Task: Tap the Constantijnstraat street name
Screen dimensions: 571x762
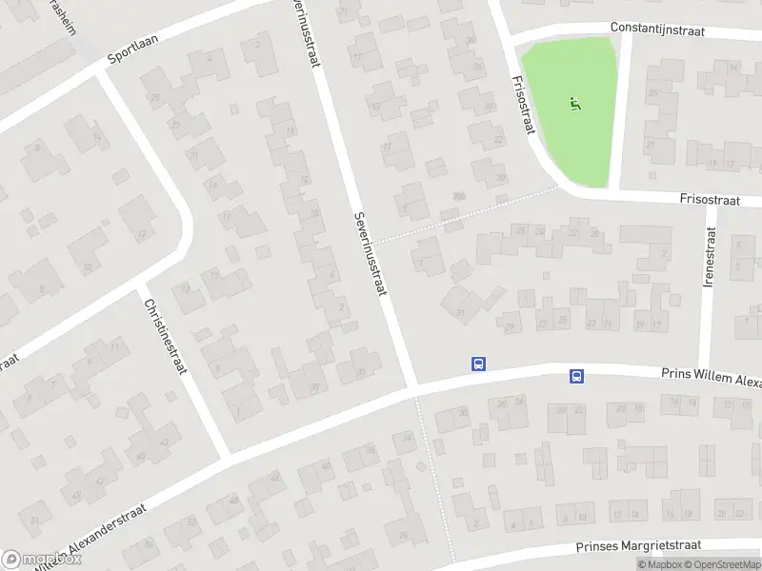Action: (x=657, y=31)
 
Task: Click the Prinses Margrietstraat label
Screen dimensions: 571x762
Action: (x=638, y=546)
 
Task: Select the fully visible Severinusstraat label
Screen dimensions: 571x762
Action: (x=370, y=253)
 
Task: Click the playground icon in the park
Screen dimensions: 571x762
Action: (x=574, y=103)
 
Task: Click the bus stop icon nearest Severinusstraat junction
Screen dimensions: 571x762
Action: (x=478, y=364)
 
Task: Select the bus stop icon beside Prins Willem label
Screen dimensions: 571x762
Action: (x=577, y=376)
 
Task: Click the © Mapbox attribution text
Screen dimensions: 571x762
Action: (x=658, y=564)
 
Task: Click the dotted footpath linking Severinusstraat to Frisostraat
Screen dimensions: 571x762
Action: (x=467, y=215)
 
